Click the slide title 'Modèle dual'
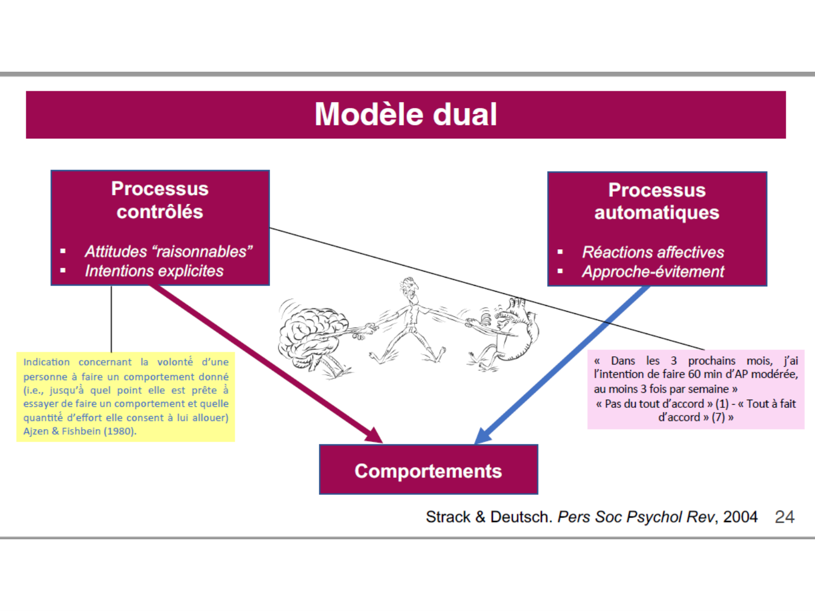(406, 115)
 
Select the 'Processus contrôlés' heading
(160, 200)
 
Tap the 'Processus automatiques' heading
(656, 201)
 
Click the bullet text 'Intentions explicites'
(154, 271)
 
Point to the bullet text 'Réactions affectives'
(653, 252)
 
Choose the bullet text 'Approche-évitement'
(653, 272)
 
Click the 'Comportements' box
(428, 470)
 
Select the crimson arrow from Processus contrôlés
(266, 364)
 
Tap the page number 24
(785, 516)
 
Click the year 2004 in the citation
(740, 516)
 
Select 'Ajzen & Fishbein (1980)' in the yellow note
(79, 431)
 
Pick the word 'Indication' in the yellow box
(47, 362)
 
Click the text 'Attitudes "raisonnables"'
(168, 251)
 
